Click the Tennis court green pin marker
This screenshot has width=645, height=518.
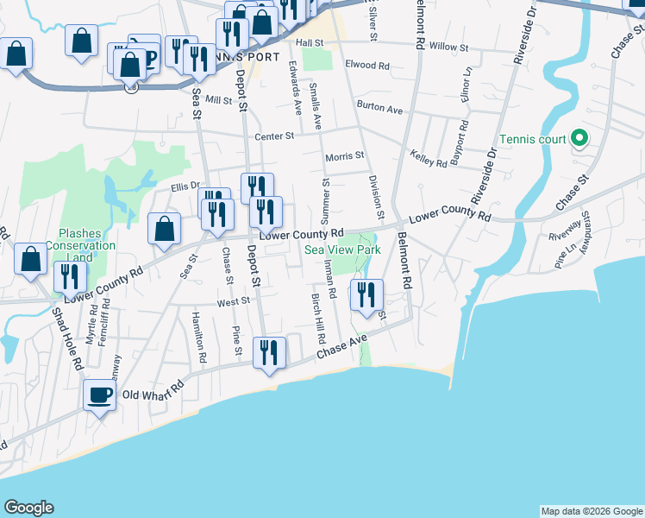tap(579, 138)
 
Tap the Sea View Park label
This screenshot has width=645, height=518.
tap(342, 250)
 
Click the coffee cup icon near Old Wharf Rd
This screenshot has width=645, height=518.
tap(99, 395)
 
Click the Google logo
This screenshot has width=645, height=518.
tap(28, 508)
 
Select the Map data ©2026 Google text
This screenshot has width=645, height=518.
tap(591, 511)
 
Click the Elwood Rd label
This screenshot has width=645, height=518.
tap(367, 66)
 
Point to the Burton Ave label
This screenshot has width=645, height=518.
tap(381, 110)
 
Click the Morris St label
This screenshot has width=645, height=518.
tap(345, 155)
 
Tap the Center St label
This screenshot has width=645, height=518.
tap(274, 136)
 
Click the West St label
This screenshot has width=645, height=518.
tap(233, 301)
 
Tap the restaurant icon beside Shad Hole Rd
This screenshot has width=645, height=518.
tap(69, 276)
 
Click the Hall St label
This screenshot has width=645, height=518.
tap(309, 41)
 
